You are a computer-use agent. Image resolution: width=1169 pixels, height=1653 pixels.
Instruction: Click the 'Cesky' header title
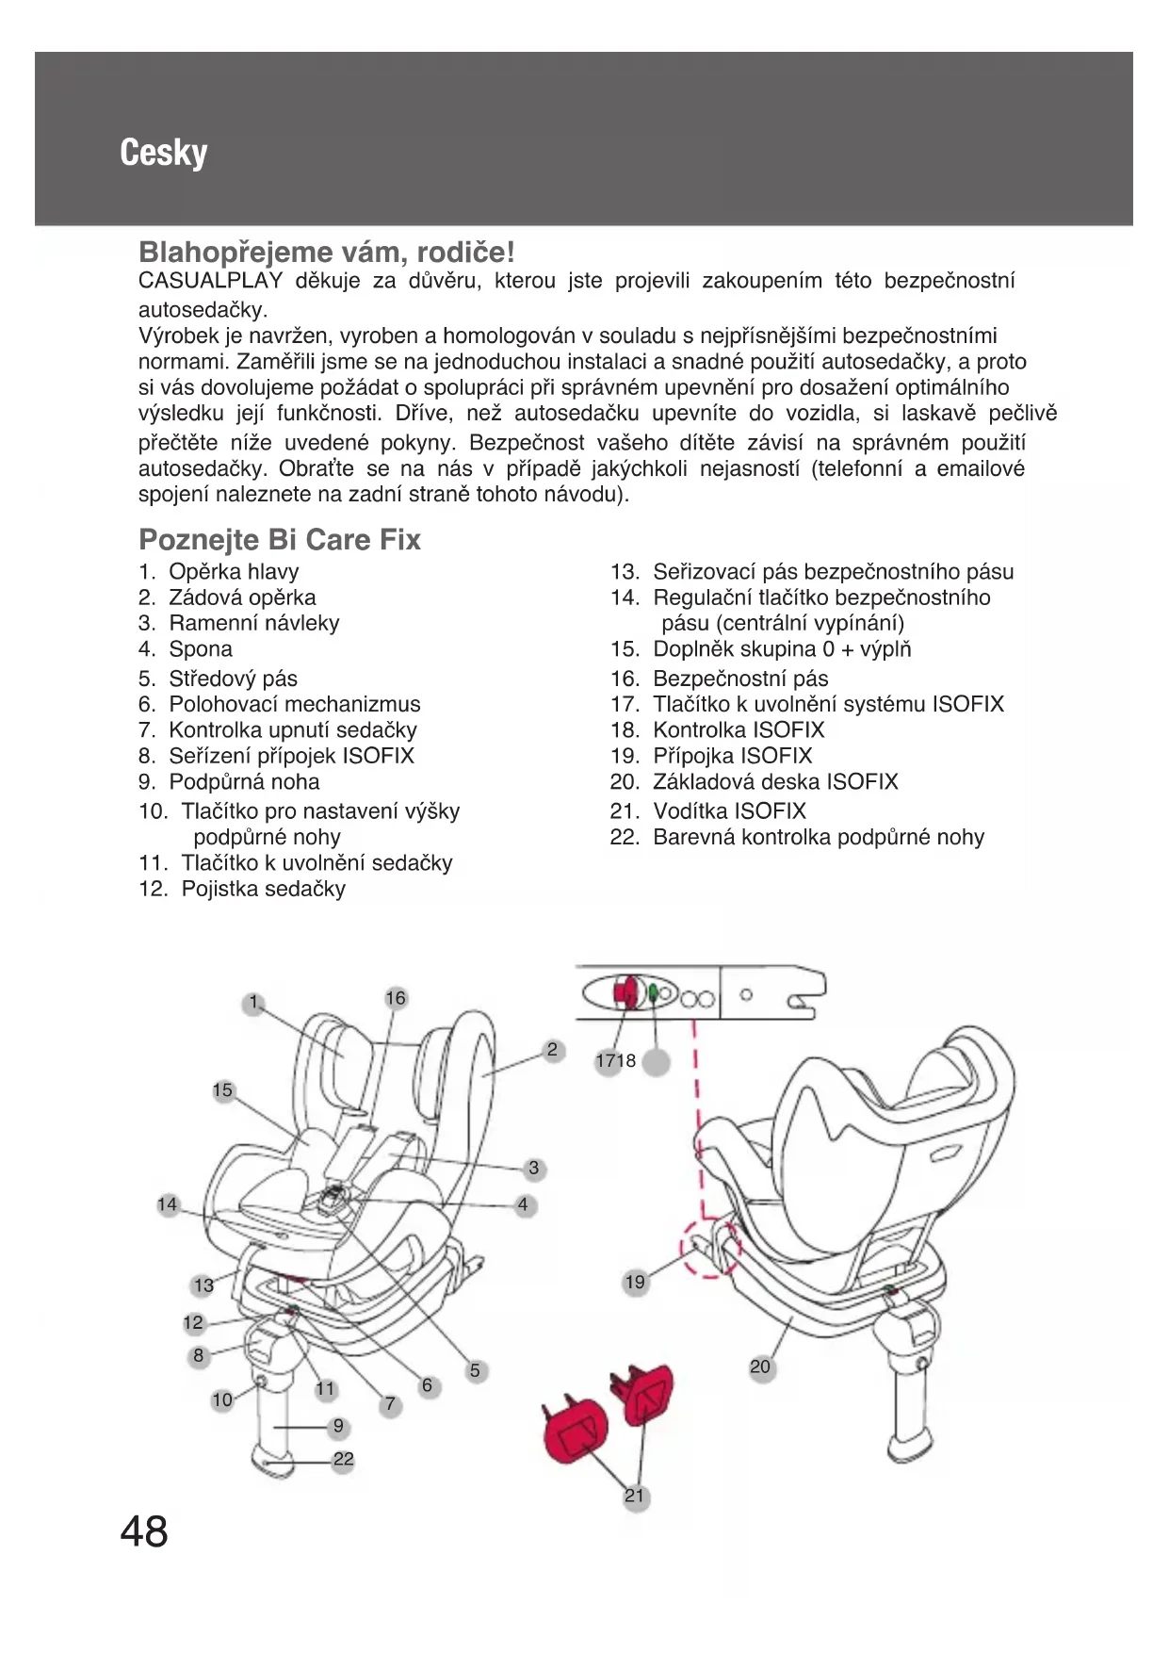(163, 153)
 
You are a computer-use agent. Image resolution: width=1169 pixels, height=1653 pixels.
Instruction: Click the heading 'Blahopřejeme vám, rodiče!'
(326, 252)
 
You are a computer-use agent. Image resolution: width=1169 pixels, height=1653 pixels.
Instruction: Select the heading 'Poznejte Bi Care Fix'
(279, 539)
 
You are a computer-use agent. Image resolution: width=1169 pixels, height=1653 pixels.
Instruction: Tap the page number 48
(144, 1531)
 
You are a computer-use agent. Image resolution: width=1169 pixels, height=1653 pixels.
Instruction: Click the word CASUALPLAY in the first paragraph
(210, 281)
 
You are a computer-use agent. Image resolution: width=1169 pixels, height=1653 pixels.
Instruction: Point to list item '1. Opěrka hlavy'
(219, 571)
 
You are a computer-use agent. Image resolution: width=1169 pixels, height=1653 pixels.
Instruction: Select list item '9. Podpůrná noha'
(229, 781)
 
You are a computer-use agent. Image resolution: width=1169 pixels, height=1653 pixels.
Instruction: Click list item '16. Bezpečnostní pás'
(720, 678)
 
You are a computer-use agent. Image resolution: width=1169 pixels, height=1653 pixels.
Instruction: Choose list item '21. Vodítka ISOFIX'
(708, 810)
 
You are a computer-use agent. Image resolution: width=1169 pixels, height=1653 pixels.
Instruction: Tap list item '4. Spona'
(186, 648)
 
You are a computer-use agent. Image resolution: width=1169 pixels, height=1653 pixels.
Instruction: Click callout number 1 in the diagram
(252, 1003)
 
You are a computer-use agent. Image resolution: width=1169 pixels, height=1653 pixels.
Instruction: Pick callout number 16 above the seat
(396, 998)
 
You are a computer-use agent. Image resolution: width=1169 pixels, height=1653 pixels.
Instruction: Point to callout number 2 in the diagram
(552, 1050)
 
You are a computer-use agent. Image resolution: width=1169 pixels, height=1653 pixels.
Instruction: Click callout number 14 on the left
(168, 1204)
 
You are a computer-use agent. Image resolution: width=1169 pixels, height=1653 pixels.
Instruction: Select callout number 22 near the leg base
(344, 1459)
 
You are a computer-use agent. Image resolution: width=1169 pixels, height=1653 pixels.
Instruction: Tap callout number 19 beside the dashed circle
(636, 1282)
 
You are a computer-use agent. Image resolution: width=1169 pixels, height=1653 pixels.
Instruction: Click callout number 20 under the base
(760, 1367)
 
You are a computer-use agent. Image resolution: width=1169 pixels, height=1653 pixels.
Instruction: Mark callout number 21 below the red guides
(636, 1496)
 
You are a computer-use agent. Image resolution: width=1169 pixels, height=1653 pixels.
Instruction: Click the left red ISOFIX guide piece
(576, 1432)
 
